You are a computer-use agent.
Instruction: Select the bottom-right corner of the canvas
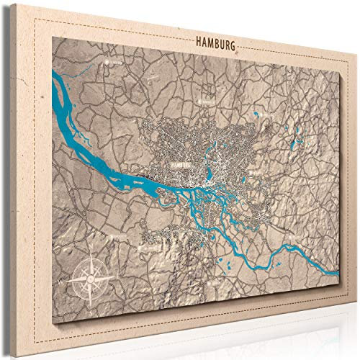coord(351,328)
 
